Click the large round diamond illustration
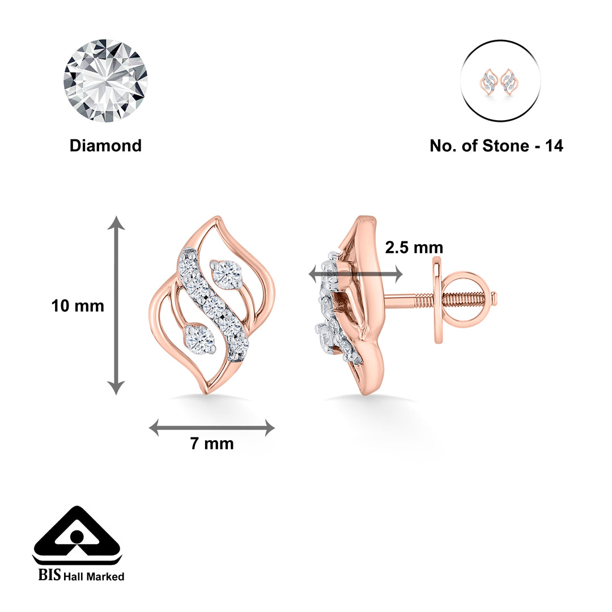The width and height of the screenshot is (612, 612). tap(105, 80)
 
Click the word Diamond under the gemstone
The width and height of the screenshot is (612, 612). tap(105, 146)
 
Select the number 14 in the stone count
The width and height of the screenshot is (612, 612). tap(553, 146)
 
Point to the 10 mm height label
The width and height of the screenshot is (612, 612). tap(78, 306)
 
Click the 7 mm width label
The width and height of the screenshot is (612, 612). tap(211, 444)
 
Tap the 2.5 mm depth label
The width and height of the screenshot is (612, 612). tap(414, 248)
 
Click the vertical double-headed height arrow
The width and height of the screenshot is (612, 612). tap(116, 305)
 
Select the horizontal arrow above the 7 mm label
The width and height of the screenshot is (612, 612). tap(211, 428)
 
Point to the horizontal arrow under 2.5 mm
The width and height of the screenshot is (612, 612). tap(355, 274)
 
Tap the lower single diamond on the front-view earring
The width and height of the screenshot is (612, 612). tap(199, 338)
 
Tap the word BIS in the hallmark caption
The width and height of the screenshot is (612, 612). tap(49, 576)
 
